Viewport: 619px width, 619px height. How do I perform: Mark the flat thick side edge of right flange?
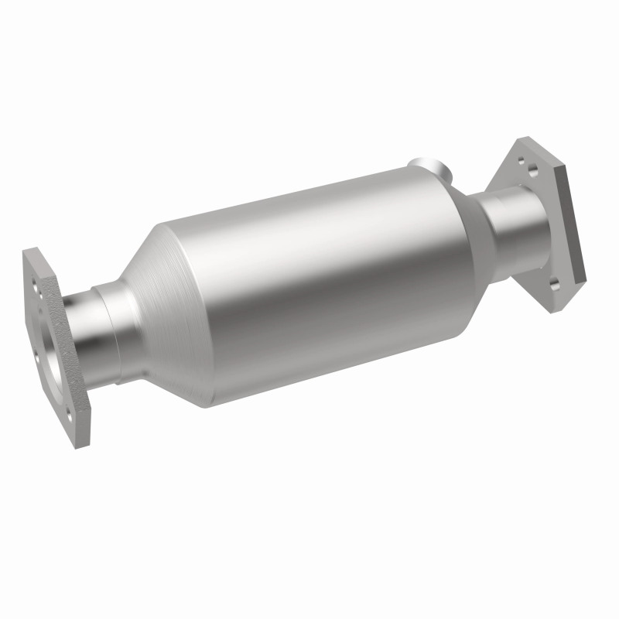576,232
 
